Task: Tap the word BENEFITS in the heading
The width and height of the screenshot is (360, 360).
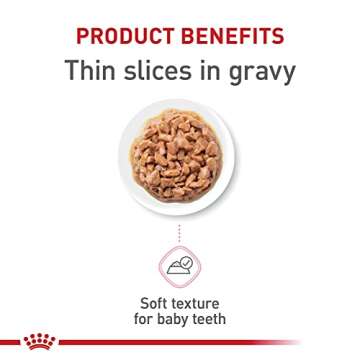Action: (233, 37)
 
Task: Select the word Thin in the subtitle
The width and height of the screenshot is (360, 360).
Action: (91, 73)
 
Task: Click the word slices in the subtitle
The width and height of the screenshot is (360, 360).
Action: (163, 73)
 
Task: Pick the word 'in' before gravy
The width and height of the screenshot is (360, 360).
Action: (212, 73)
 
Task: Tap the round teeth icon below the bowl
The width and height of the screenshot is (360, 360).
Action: (180, 267)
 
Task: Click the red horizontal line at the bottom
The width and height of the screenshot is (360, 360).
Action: (200, 342)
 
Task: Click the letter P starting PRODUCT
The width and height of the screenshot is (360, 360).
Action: (83, 37)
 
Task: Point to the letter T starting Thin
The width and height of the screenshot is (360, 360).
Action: (72, 73)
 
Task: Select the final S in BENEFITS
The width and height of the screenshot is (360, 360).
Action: (278, 37)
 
